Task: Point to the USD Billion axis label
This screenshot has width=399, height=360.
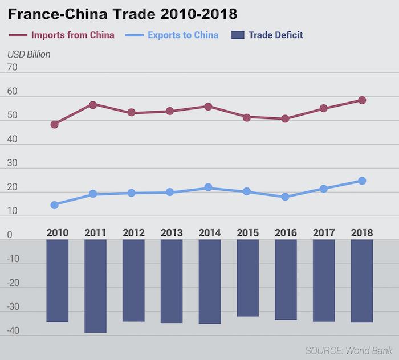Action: pos(29,55)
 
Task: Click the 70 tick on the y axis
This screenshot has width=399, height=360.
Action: pos(13,67)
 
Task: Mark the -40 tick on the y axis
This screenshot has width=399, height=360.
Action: pos(13,330)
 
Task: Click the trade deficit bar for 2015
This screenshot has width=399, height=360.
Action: pos(248,278)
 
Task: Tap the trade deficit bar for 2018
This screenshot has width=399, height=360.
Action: pos(362,281)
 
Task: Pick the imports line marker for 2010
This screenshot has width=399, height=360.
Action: pos(54,124)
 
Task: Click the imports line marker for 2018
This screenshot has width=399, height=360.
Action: pos(361,100)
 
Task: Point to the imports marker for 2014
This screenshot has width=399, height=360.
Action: pos(208,107)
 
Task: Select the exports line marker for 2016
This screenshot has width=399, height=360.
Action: pos(285,197)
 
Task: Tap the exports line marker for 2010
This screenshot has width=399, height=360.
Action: pos(54,205)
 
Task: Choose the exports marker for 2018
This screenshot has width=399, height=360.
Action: pos(361,181)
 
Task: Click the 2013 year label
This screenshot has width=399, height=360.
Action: pos(172,233)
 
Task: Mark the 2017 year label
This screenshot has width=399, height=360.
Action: pos(324,233)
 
